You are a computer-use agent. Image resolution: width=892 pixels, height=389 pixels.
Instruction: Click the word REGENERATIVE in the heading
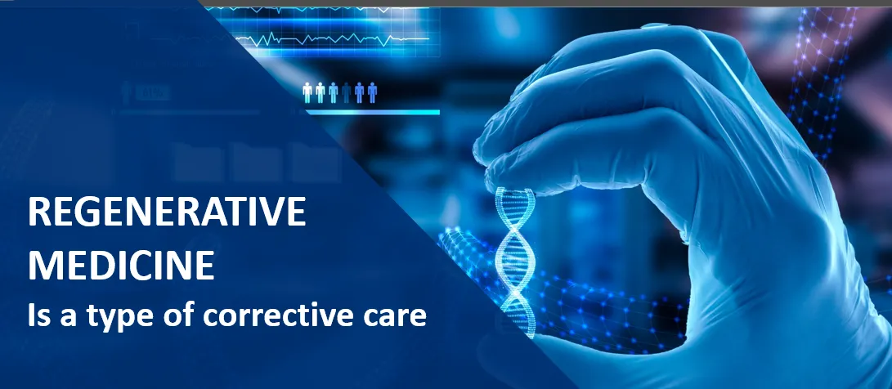[167, 212]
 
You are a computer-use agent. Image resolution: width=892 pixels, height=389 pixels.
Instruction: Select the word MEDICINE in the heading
[121, 264]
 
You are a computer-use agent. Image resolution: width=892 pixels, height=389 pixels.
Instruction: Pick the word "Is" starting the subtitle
[37, 315]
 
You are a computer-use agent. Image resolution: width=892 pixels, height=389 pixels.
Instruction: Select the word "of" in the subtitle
[178, 315]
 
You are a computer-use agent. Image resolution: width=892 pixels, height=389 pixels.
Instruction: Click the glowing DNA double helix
[515, 262]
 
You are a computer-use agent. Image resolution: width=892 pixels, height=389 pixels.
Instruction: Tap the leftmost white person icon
[307, 92]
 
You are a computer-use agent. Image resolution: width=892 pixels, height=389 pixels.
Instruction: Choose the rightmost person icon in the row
[372, 92]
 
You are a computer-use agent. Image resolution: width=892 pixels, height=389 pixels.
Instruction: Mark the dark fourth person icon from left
[347, 92]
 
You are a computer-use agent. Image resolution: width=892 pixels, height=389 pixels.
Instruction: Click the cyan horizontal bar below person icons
[373, 112]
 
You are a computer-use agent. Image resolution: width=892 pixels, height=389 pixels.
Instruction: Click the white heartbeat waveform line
[332, 39]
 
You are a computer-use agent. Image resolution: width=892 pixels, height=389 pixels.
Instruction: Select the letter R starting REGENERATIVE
[38, 212]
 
